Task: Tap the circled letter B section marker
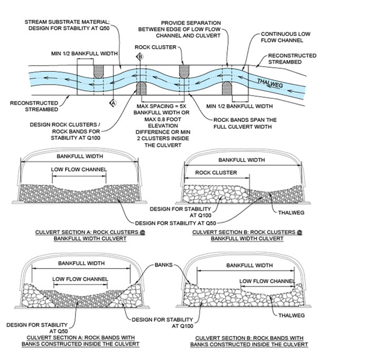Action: [140, 56]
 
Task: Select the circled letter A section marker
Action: [114, 102]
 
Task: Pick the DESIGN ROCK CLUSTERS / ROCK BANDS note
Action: [61, 132]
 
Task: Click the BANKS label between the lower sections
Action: [165, 265]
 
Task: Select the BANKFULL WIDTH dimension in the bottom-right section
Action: [249, 265]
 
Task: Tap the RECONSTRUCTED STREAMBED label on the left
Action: [33, 106]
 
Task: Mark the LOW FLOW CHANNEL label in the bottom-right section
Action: [267, 281]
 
